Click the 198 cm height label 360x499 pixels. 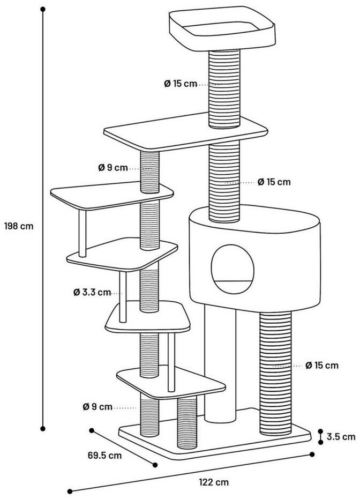pos(19,226)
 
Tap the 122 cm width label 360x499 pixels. pos(213,482)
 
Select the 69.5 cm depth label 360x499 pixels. pos(104,456)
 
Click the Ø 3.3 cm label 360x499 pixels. pos(92,293)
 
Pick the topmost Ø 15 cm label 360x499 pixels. pos(181,84)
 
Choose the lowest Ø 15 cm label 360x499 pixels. pos(322,366)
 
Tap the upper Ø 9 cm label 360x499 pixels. pos(112,168)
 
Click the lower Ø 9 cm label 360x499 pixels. pos(97,407)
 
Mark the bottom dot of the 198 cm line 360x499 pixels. pos(43,428)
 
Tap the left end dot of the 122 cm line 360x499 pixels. pos(69,491)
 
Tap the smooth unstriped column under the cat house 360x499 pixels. pos(220,364)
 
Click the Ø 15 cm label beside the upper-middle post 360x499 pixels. pos(274,182)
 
